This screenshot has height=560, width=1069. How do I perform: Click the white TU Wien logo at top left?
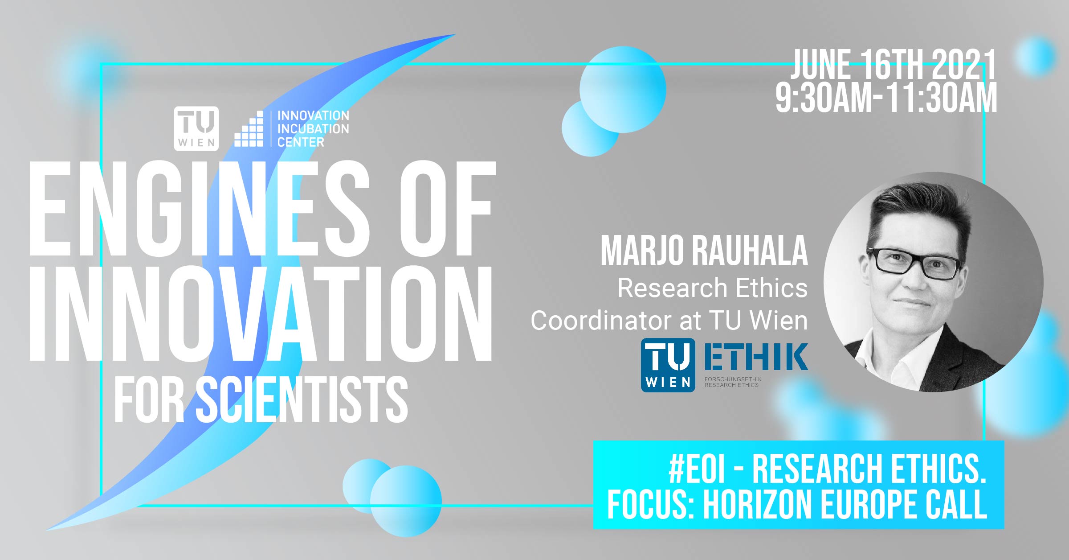[196, 128]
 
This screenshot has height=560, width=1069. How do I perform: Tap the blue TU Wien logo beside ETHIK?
[668, 365]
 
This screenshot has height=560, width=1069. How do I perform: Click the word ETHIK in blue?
[756, 357]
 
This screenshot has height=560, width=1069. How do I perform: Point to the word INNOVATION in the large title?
[261, 313]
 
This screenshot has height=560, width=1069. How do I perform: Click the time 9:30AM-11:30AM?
[886, 98]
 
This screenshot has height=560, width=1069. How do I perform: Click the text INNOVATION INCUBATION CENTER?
[313, 129]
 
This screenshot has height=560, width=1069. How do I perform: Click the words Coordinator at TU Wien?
[669, 321]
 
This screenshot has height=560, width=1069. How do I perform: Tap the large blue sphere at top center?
[623, 89]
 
